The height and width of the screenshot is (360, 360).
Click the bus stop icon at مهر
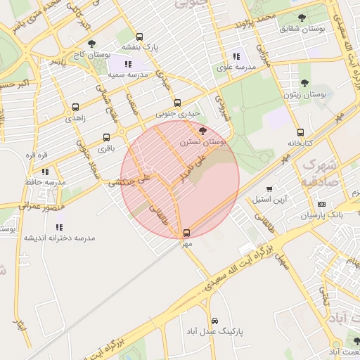click(186, 233)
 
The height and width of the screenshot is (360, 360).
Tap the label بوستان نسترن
click(203, 141)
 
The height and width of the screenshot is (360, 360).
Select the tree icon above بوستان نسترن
click(203, 130)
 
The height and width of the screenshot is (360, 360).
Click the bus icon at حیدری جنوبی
click(177, 101)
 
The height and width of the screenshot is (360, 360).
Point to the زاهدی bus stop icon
click(75, 108)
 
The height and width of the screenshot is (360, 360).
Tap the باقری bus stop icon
click(106, 137)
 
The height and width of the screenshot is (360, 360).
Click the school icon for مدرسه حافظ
click(45, 171)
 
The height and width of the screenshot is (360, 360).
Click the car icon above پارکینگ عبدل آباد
click(214, 320)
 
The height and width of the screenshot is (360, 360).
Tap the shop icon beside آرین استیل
click(270, 189)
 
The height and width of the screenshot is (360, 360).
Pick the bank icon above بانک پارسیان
click(321, 204)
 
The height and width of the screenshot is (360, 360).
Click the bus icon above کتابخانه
click(300, 132)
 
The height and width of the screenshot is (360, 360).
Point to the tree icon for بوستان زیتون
click(304, 83)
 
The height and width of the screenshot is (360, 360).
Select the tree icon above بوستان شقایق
click(302, 18)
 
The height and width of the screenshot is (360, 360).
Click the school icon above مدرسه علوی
click(236, 56)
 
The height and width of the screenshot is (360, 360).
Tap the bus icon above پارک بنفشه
click(139, 37)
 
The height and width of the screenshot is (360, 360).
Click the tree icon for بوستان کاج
click(91, 44)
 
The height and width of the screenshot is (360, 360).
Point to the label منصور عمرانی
click(42, 207)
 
